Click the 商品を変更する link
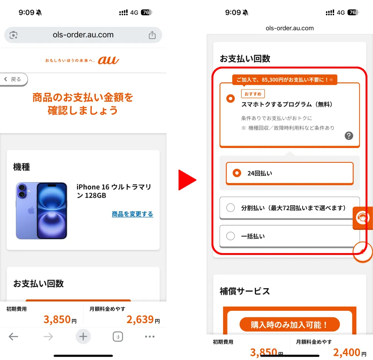132,214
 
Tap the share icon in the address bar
152,35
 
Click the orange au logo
108,60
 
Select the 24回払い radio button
237,173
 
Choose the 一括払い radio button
230,236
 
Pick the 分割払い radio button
230,208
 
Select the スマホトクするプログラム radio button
230,98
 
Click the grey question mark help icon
349,136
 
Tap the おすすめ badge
253,94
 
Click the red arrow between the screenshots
187,180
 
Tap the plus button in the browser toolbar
83,336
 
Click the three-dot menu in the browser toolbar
150,336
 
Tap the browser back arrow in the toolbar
13,336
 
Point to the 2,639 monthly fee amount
140,319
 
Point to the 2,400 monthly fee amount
347,352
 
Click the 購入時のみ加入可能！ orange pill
290,324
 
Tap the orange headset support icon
363,218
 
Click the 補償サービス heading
245,291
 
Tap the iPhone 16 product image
41,211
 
